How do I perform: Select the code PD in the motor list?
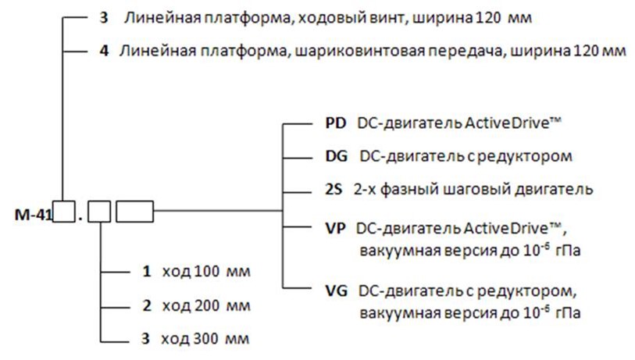pyautogui.click(x=333, y=123)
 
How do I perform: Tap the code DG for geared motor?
pyautogui.click(x=334, y=155)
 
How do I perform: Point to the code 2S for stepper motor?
pyautogui.click(x=332, y=189)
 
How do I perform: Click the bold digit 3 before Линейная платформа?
pyautogui.click(x=105, y=17)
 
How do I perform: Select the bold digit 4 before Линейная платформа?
pyautogui.click(x=105, y=51)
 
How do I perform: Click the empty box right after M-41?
pyautogui.click(x=63, y=211)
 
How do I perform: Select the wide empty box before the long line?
pyautogui.click(x=134, y=211)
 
